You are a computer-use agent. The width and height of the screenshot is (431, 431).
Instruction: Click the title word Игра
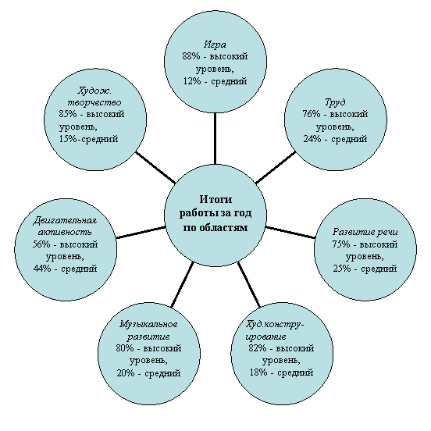215,45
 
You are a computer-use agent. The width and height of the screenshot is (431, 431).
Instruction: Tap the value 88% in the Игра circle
191,56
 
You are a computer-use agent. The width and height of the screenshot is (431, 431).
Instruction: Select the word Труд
335,102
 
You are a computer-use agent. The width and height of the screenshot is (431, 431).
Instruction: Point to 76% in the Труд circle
312,114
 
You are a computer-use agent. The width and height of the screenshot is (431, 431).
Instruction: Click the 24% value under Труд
312,139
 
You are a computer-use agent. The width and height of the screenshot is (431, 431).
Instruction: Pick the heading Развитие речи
365,232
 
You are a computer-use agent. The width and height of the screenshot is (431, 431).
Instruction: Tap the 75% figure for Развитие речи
341,244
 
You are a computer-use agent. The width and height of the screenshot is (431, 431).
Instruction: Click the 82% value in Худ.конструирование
258,348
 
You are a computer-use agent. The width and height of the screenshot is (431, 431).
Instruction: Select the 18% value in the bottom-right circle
258,372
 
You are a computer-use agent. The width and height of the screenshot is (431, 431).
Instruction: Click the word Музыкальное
148,324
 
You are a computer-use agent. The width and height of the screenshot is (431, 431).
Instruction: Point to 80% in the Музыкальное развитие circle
125,348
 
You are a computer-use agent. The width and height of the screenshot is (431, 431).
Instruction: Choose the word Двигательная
66,220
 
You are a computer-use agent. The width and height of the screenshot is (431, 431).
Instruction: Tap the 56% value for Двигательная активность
41,244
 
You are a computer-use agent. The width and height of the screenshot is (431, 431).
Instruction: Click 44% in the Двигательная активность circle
42,269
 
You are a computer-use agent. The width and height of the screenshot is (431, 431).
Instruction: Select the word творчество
94,102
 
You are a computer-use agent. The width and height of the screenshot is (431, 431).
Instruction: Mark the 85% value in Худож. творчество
68,114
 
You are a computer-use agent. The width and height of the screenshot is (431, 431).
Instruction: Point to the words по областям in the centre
215,228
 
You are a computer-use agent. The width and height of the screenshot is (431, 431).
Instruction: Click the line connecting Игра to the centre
215,138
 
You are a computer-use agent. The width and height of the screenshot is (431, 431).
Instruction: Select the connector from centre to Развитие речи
290,232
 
